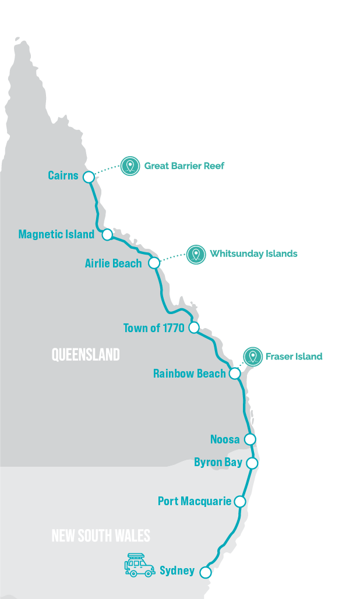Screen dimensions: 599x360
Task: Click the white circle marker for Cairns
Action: pyautogui.click(x=89, y=177)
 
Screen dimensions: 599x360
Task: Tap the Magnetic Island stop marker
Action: pyautogui.click(x=107, y=234)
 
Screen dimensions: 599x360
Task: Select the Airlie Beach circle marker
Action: pyautogui.click(x=154, y=263)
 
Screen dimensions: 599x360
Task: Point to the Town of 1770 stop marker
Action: pyautogui.click(x=194, y=327)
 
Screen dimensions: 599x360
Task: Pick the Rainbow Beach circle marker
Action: pyautogui.click(x=235, y=374)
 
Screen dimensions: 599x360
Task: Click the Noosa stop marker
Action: pyautogui.click(x=250, y=439)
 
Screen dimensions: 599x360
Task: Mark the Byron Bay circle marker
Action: pyautogui.click(x=252, y=463)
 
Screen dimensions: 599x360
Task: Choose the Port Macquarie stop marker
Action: pyautogui.click(x=239, y=501)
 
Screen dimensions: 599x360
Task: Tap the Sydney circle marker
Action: pyautogui.click(x=205, y=572)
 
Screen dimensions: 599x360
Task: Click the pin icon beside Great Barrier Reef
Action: pyautogui.click(x=130, y=166)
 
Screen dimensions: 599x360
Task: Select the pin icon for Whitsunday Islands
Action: pyautogui.click(x=196, y=254)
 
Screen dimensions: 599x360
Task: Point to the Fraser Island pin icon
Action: pyautogui.click(x=253, y=357)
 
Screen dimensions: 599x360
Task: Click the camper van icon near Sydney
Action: pyautogui.click(x=139, y=565)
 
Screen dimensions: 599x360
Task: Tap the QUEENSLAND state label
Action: pyautogui.click(x=86, y=354)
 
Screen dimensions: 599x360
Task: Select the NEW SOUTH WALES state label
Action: pyautogui.click(x=101, y=535)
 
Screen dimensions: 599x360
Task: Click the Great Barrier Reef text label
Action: pyautogui.click(x=184, y=166)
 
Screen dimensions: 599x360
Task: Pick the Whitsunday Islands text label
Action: pyautogui.click(x=254, y=253)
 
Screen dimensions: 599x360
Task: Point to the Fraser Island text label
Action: pyautogui.click(x=294, y=357)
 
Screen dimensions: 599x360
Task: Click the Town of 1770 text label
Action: pyautogui.click(x=154, y=328)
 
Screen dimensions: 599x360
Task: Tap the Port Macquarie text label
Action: pyautogui.click(x=195, y=501)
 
